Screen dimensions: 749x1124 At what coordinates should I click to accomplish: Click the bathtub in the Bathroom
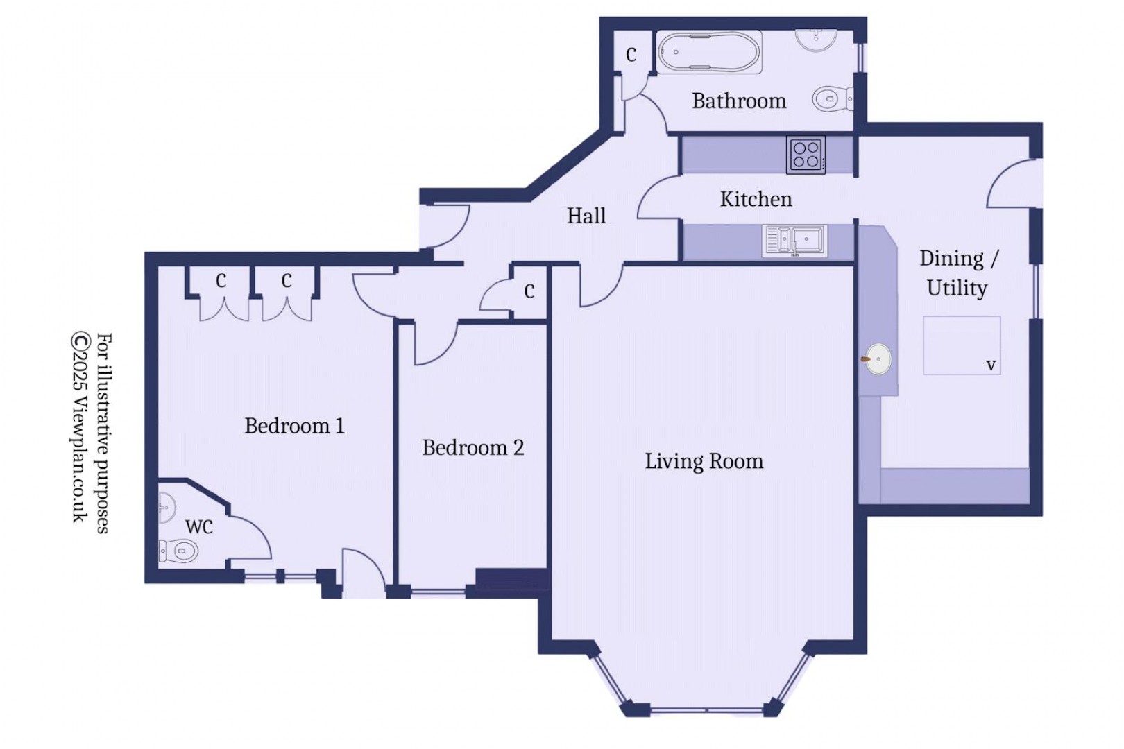tap(708, 53)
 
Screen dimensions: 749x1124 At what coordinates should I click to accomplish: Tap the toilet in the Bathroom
tap(831, 99)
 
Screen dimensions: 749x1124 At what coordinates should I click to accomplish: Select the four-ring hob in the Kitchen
tap(806, 154)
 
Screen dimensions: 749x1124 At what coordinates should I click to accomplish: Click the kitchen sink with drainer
tap(795, 241)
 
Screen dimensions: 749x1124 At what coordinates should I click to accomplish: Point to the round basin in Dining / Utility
tap(878, 359)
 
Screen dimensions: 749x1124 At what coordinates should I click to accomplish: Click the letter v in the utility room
tap(991, 365)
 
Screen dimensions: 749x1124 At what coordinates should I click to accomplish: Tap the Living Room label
tap(704, 461)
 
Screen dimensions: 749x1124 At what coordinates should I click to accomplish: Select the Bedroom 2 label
tap(472, 447)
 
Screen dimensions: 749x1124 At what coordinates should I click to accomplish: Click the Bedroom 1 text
tap(294, 425)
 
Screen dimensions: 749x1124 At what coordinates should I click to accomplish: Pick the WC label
tap(198, 527)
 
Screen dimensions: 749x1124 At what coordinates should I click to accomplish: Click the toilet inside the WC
tap(178, 551)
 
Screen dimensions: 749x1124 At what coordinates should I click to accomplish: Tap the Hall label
tap(586, 216)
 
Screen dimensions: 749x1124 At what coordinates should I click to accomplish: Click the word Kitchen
tap(756, 199)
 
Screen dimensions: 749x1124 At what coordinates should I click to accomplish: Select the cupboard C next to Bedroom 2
tap(529, 291)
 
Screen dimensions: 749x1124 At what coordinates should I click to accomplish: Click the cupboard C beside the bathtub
tap(631, 54)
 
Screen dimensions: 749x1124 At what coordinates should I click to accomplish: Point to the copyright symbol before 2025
tap(80, 341)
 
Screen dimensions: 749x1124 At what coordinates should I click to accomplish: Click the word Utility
tap(957, 287)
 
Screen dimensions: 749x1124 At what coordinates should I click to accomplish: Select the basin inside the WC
tap(166, 507)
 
